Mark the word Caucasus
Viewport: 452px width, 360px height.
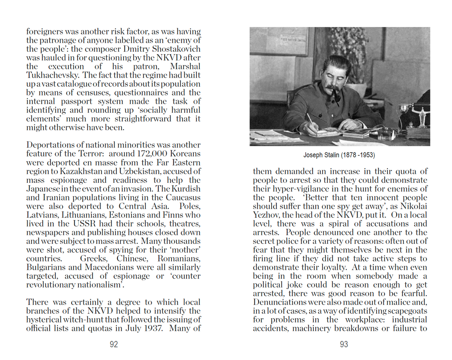(183, 198)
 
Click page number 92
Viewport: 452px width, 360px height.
(114, 344)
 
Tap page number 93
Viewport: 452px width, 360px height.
(344, 344)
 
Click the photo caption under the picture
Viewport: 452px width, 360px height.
(339, 155)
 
